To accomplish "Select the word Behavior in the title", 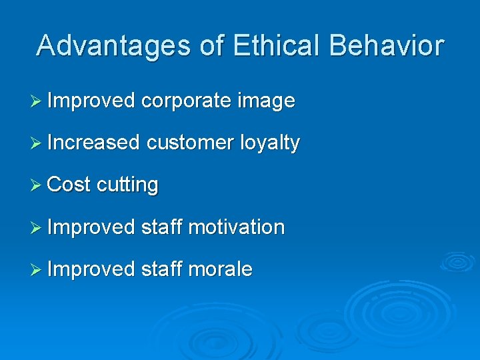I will (387, 45).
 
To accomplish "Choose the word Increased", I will (93, 143).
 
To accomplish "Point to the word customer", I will (190, 143).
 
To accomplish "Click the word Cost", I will (69, 185).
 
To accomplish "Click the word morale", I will (220, 269).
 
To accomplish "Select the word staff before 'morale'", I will (162, 269).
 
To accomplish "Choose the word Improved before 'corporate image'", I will (91, 102).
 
